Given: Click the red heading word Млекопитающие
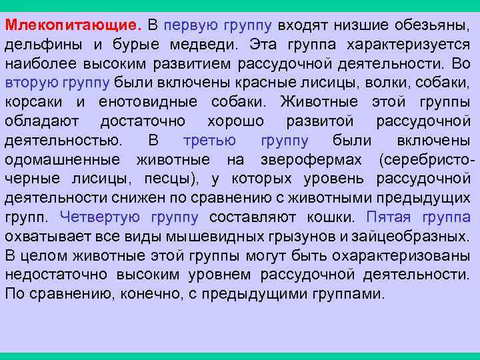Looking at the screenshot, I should (73, 26).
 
